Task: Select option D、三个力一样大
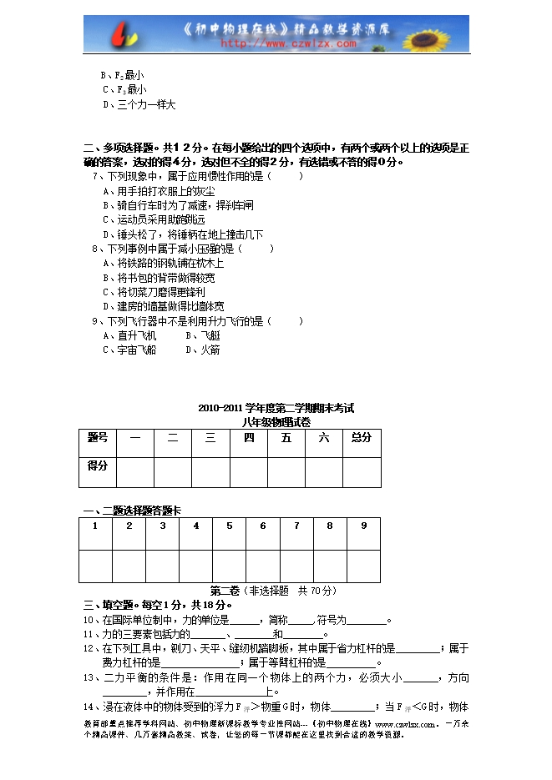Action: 139,105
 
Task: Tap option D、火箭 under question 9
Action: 203,350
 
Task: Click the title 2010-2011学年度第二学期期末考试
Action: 276,409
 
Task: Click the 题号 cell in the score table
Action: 98,438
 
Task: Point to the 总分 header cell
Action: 362,438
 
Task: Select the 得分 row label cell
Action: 98,466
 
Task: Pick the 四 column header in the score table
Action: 249,438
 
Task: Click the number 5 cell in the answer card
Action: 229,526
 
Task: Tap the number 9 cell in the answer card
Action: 363,526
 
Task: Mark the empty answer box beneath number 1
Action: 95,565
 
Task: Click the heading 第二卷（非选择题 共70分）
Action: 273,591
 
